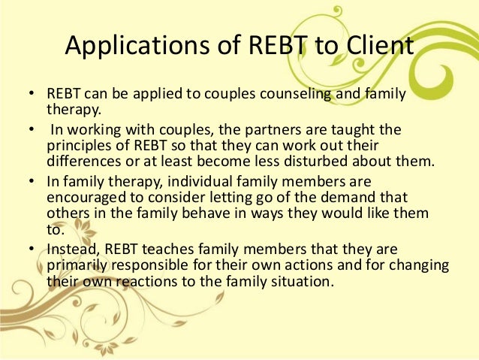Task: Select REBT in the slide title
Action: click(x=270, y=46)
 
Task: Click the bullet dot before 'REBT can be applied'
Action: click(x=31, y=95)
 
